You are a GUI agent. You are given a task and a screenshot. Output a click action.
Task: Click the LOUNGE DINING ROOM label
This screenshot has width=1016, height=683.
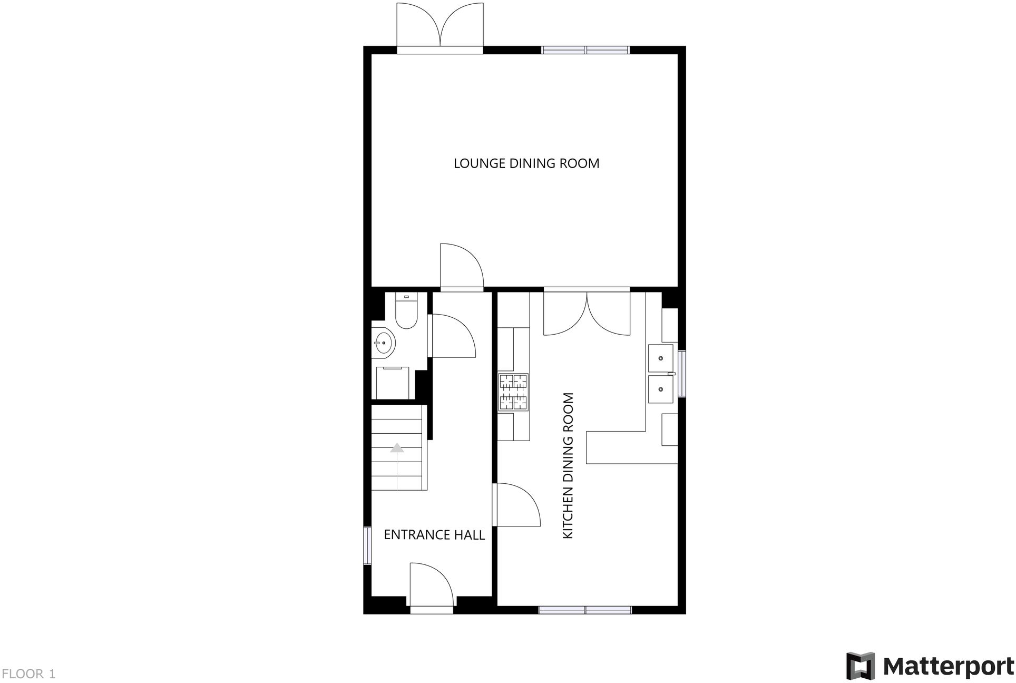pyautogui.click(x=526, y=163)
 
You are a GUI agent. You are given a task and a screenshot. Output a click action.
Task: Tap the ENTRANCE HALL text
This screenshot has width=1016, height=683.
pyautogui.click(x=434, y=535)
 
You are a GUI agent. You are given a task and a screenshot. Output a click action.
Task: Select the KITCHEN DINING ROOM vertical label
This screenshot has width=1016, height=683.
pyautogui.click(x=568, y=465)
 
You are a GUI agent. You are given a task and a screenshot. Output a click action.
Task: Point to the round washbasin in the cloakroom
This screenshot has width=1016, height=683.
pyautogui.click(x=384, y=343)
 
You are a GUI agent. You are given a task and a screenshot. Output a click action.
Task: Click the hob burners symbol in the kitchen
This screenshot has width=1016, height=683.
pyautogui.click(x=514, y=392)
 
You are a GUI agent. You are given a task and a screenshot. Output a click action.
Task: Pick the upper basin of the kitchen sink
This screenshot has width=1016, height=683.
pyautogui.click(x=660, y=358)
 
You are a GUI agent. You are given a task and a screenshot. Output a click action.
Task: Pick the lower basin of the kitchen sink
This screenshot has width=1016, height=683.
pyautogui.click(x=660, y=389)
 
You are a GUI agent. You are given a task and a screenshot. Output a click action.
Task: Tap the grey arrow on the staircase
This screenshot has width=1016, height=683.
pyautogui.click(x=397, y=448)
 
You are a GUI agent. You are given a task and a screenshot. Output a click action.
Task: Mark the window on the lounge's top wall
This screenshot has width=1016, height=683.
pyautogui.click(x=585, y=51)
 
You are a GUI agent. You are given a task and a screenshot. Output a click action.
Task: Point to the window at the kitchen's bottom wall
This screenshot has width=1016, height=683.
pyautogui.click(x=585, y=610)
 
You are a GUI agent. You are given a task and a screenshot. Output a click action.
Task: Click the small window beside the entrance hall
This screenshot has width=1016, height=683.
pyautogui.click(x=367, y=545)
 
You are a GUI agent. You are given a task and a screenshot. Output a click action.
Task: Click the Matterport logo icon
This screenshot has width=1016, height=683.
pyautogui.click(x=860, y=666)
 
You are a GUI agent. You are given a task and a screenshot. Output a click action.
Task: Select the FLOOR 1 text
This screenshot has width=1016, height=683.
pyautogui.click(x=29, y=674)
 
